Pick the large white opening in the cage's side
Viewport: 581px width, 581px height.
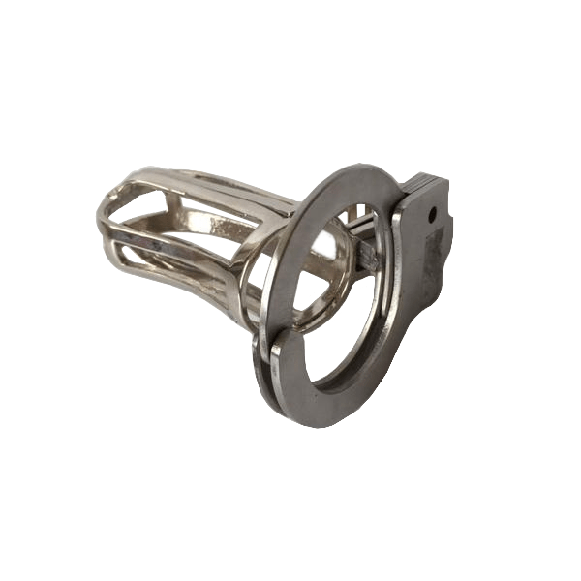(x=184, y=232)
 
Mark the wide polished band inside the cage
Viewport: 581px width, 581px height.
(x=218, y=223)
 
